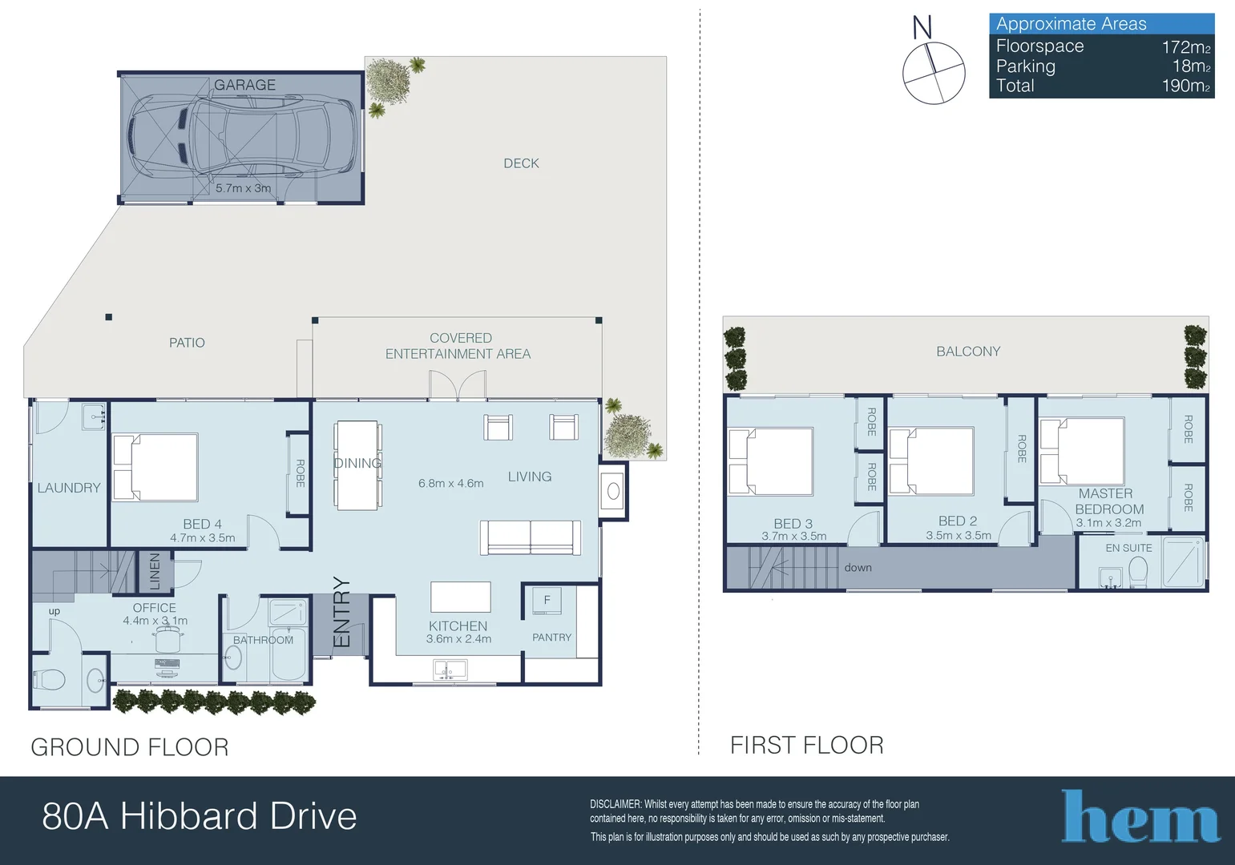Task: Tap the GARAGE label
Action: click(x=244, y=85)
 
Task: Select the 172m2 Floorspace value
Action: click(x=1185, y=47)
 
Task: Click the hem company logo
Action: click(x=1140, y=818)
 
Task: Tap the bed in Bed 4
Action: click(x=155, y=467)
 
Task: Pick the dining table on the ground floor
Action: click(x=357, y=465)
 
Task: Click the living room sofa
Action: click(x=531, y=537)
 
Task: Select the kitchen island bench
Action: click(x=460, y=597)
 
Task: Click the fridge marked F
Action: click(x=547, y=601)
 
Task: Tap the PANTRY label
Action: click(x=551, y=638)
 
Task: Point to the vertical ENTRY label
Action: click(x=342, y=612)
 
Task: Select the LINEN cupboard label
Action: click(x=155, y=571)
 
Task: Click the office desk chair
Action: click(x=169, y=639)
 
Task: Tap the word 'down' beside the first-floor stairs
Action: click(x=858, y=568)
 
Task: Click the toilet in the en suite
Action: click(x=1137, y=572)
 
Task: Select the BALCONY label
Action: click(x=968, y=352)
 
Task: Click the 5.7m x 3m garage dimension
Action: click(x=243, y=188)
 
